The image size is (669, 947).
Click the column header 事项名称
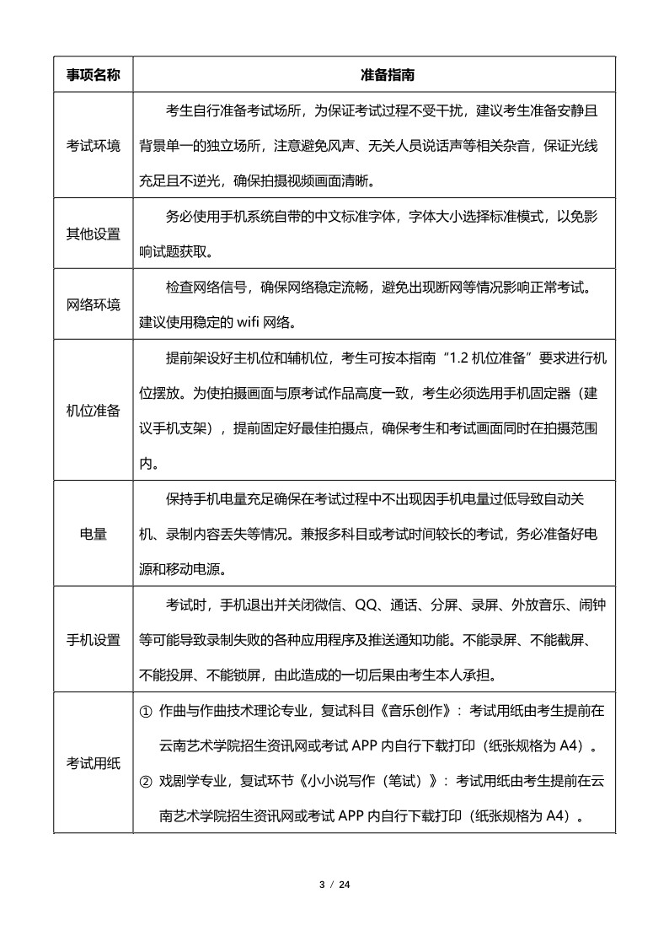94,75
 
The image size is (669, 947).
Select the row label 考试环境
94,145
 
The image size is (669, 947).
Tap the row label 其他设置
94,234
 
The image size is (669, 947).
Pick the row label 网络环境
94,304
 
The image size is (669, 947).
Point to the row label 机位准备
94,410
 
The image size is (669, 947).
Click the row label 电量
94,534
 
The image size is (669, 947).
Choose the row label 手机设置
94,640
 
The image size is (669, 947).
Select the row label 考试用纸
94,763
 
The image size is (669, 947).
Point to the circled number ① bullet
145,711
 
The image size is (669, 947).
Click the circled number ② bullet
145,781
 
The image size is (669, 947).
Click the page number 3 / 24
334,885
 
